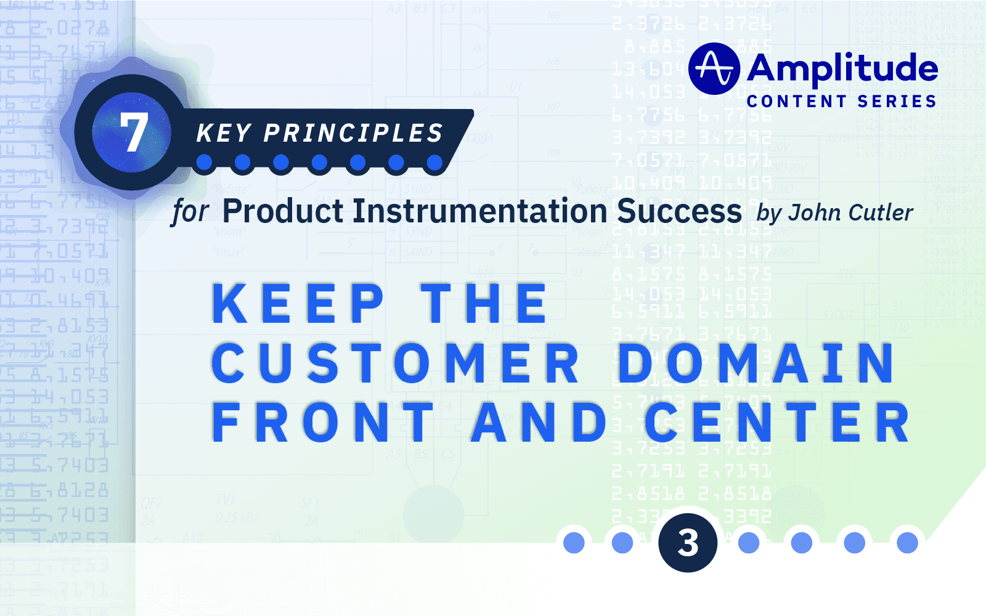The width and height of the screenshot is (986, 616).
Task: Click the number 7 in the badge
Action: pos(133,132)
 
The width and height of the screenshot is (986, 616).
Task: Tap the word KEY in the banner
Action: pos(224,133)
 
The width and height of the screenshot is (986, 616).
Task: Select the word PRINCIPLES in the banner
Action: pos(354,133)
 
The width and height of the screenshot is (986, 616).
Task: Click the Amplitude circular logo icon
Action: pos(714,68)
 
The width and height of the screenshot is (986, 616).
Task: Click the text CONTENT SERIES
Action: pos(842,101)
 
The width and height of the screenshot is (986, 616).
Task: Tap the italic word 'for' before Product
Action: pos(190,212)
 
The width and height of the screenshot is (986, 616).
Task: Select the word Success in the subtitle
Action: pos(679,211)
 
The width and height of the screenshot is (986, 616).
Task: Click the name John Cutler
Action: pos(851,213)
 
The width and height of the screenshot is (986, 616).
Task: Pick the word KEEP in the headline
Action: pos(298,304)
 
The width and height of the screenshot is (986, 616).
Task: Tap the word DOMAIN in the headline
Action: pos(756,363)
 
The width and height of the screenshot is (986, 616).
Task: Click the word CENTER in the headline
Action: pos(777,423)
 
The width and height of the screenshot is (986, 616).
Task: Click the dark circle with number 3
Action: pos(688,543)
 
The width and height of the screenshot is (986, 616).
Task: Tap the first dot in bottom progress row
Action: pos(574,543)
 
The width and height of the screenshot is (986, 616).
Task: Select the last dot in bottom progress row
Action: pos(907,543)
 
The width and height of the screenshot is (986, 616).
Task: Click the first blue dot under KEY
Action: pos(205,163)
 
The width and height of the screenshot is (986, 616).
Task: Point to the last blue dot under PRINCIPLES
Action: pos(434,163)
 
